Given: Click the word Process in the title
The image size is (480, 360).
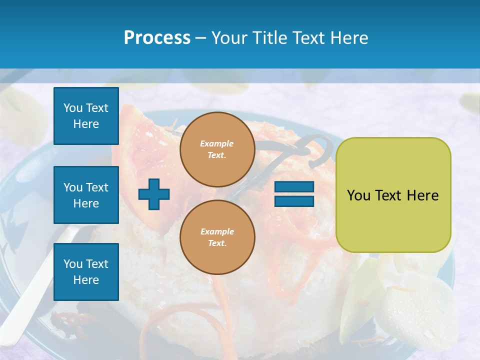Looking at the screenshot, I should point(157,38).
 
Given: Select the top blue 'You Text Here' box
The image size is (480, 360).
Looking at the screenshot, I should point(86,116).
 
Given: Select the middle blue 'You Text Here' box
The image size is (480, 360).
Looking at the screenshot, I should point(86,195).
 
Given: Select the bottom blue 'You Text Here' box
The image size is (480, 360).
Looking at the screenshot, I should point(86,272).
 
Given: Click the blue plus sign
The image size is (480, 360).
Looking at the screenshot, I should point(154,193).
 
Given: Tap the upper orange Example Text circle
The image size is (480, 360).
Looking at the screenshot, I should point(217,149).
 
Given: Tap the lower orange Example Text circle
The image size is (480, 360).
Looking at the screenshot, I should point(217,237).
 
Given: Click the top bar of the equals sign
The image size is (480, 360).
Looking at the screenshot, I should point(294,187).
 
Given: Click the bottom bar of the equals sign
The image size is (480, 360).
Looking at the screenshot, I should point(294,201).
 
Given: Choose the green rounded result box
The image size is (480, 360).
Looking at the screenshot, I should point(393,195).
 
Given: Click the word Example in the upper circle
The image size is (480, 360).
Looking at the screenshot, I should point(216,143).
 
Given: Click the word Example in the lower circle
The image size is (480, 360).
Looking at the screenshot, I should point(217,231).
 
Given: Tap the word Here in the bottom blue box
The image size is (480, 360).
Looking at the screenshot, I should point(86,280).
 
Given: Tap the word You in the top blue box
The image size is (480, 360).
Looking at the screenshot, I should point(73,108).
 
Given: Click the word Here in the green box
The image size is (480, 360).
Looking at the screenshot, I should point(422,195).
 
